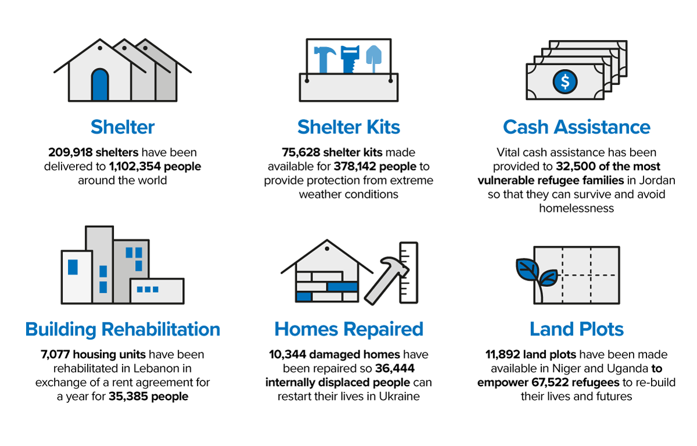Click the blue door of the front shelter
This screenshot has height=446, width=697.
100,85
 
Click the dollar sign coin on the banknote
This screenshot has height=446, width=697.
565,81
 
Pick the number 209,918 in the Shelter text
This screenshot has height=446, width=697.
71,152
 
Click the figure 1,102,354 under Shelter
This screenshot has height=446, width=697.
135,167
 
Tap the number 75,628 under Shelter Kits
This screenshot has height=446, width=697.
301,152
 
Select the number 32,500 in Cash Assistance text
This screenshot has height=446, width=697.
576,167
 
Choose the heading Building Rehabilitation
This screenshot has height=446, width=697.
123,329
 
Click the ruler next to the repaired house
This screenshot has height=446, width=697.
408,272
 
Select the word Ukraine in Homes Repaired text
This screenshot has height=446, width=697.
399,397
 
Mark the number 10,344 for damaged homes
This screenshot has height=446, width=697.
288,355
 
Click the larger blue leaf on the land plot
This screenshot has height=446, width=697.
527,269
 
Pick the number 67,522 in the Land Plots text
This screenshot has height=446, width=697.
550,383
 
